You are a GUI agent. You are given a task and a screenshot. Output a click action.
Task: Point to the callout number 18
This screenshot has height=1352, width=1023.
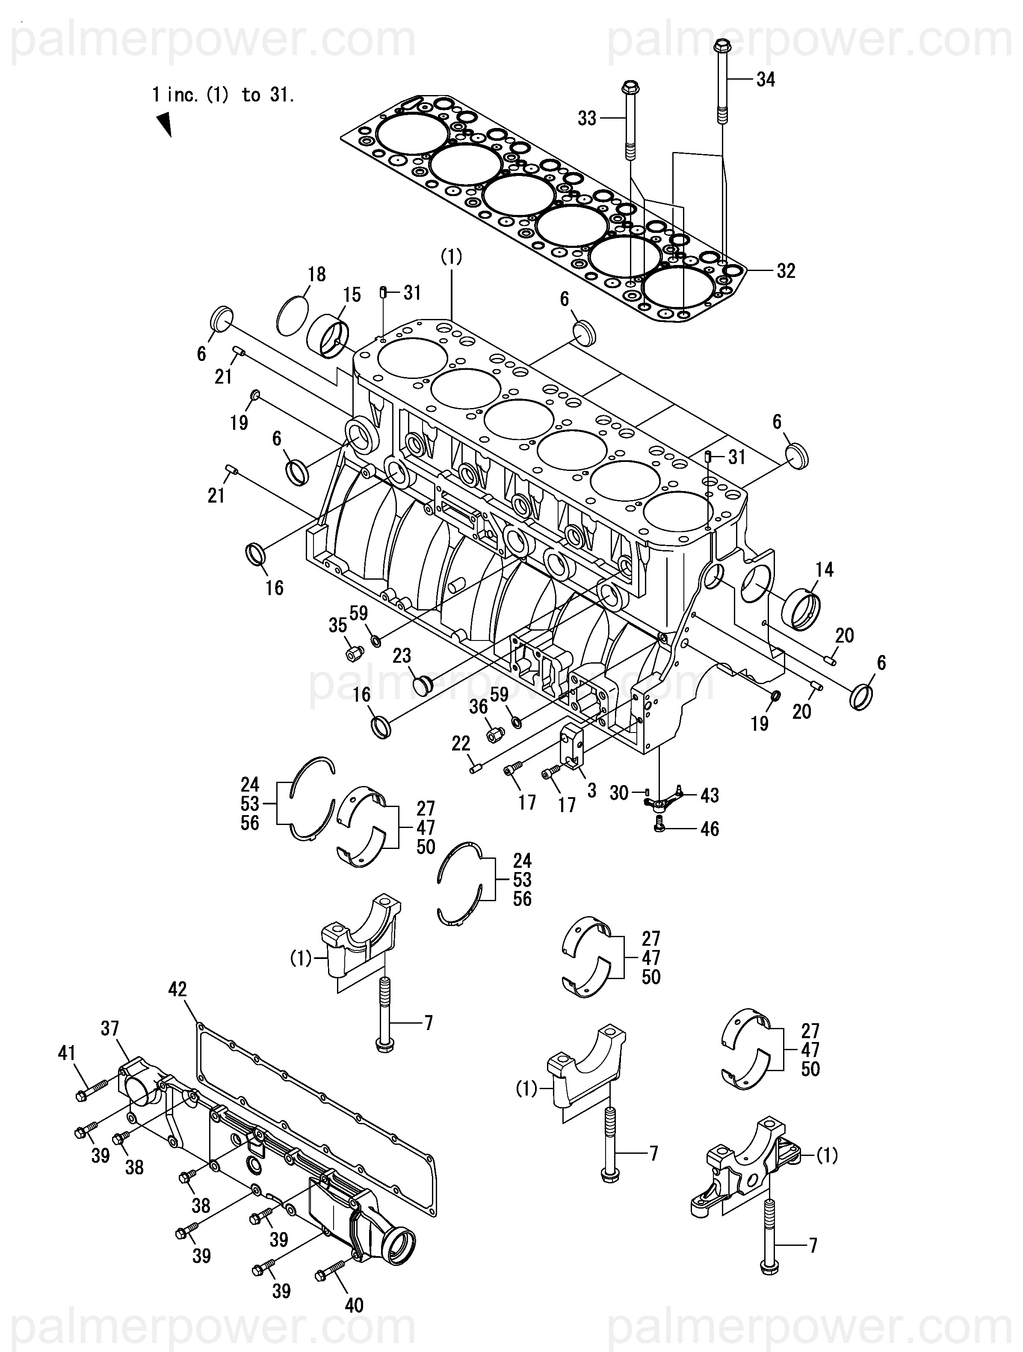(x=317, y=274)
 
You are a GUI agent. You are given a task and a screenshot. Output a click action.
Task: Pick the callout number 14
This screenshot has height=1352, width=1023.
(x=825, y=570)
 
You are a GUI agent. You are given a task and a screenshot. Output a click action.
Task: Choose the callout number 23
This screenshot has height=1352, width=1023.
(x=402, y=656)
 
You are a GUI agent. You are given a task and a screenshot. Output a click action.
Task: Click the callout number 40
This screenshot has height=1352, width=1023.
(x=354, y=1305)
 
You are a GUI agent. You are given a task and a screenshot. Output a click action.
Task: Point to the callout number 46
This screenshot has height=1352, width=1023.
(x=710, y=829)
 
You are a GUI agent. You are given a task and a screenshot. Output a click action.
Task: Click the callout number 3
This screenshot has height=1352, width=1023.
(x=591, y=790)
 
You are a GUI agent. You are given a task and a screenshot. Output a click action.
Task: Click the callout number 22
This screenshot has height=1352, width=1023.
(x=461, y=743)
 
